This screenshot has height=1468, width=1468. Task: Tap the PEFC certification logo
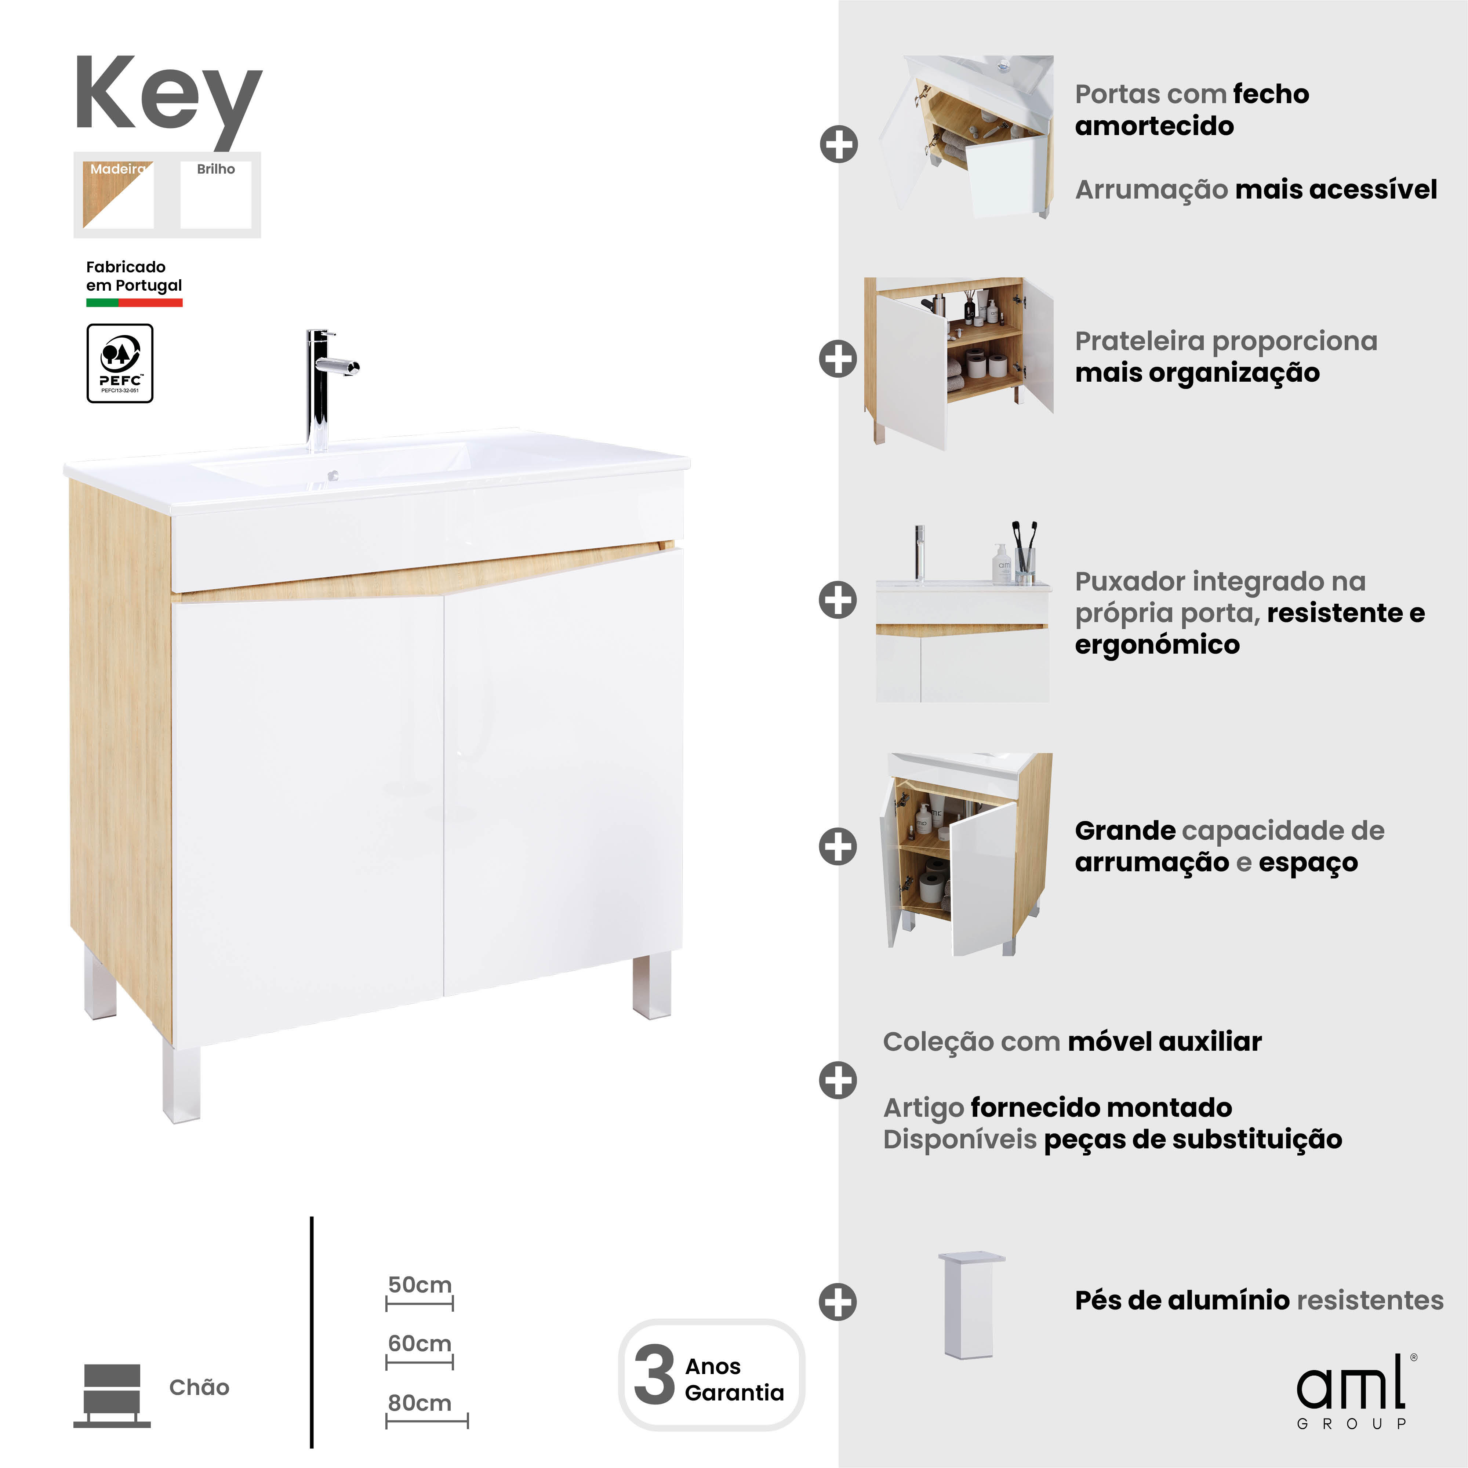(x=120, y=363)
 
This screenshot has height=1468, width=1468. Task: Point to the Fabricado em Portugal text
(x=134, y=276)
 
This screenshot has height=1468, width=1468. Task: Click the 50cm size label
(x=419, y=1285)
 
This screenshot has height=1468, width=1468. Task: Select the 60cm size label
(x=419, y=1343)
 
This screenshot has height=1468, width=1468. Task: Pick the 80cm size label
(x=419, y=1403)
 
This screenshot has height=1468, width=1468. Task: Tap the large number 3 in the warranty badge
(x=654, y=1375)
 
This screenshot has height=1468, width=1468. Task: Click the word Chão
(x=199, y=1388)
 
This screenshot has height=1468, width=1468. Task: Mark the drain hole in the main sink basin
(x=333, y=476)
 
